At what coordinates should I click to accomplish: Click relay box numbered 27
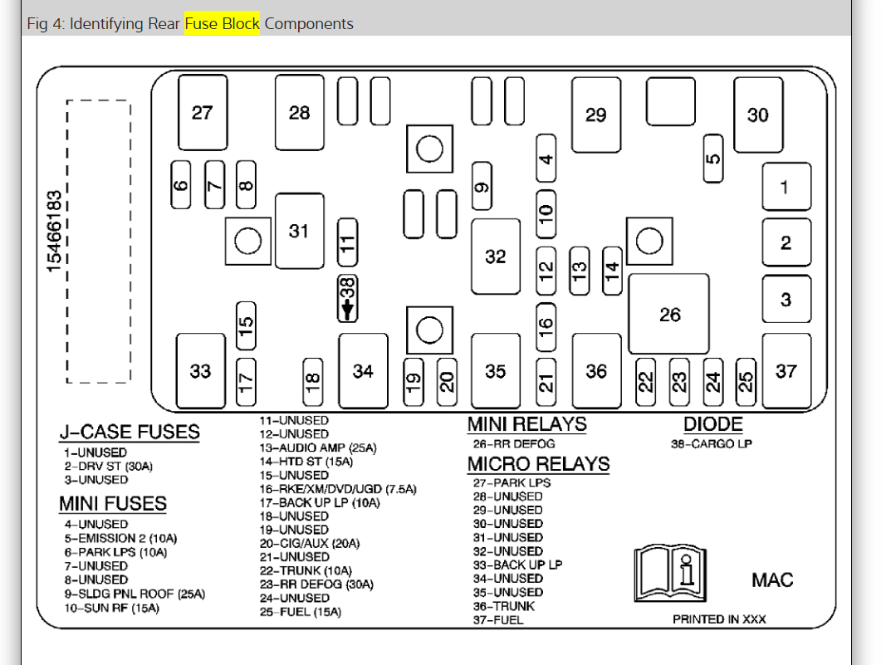coord(202,112)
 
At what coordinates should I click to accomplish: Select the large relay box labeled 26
coord(669,315)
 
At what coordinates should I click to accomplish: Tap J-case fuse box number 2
coord(786,243)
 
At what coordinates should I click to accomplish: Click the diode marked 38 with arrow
coord(348,299)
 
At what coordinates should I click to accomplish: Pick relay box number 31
coord(299,231)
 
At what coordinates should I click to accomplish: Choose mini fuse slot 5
coord(712,159)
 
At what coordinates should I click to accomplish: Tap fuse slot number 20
coord(447,381)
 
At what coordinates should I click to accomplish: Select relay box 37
coord(786,371)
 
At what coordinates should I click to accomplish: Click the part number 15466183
coord(54,232)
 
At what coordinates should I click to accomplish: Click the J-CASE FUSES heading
coord(129,432)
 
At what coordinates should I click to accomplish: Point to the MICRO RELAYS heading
coord(538,464)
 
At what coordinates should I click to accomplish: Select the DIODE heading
coord(712,424)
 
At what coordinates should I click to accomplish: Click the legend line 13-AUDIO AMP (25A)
coord(317,447)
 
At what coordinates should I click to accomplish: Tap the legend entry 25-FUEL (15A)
coord(300,612)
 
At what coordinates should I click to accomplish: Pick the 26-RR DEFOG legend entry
coord(514,443)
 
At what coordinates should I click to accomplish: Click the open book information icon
coord(670,572)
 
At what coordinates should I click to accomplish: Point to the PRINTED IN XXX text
coord(719,619)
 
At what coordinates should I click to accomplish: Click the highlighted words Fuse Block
coord(222,23)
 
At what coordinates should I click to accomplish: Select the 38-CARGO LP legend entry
coord(711,443)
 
